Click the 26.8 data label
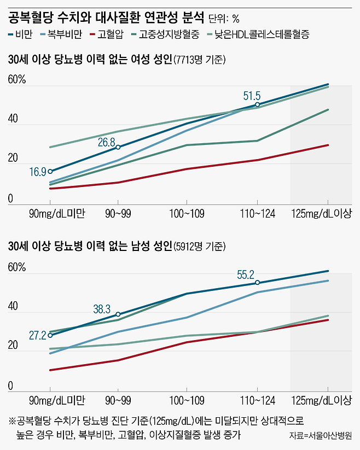point(107,142)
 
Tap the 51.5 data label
point(252,96)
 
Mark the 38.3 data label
point(102,309)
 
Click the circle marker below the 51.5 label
point(257,104)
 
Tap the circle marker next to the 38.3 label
point(118,314)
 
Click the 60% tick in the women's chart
point(16,80)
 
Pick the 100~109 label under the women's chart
point(185,212)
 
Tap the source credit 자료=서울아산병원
point(321,436)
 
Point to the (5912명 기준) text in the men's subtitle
point(199,246)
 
